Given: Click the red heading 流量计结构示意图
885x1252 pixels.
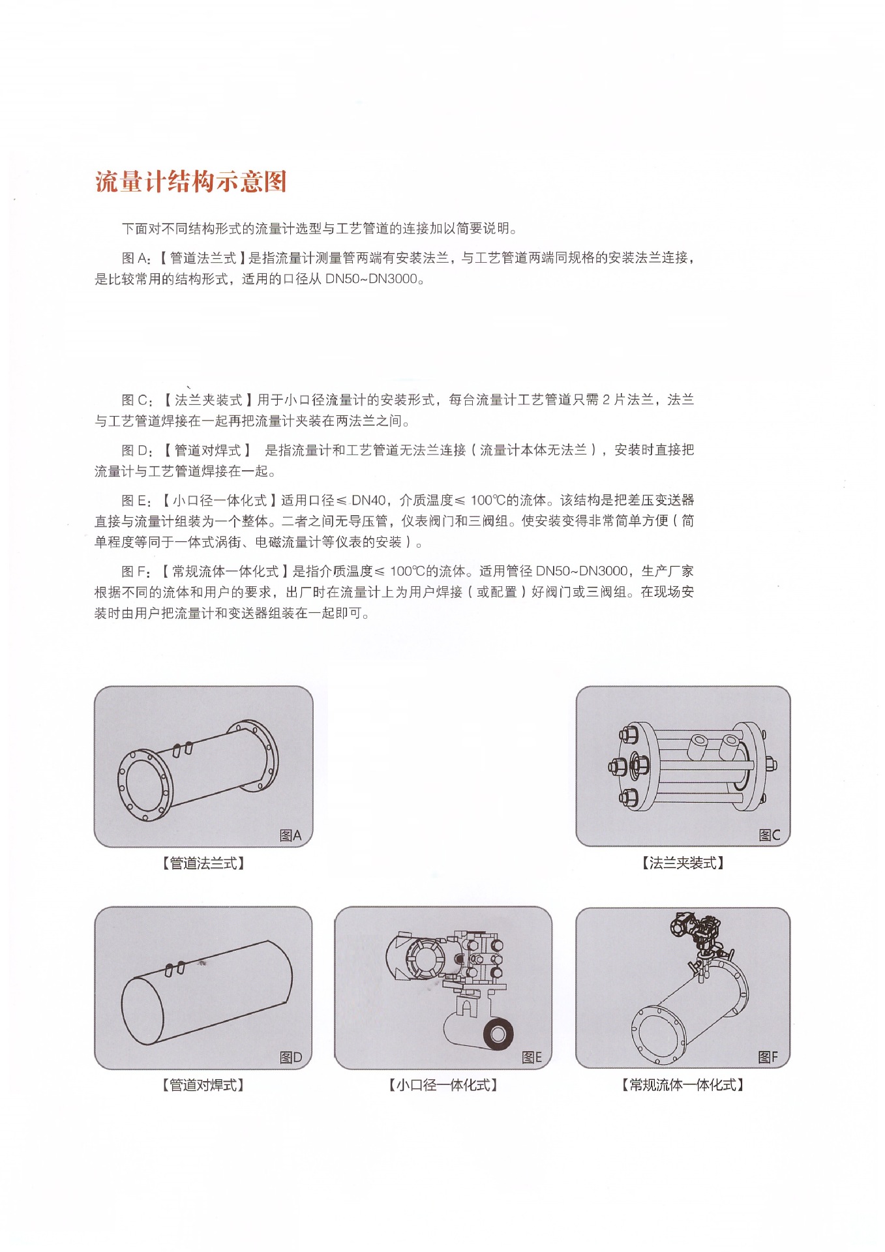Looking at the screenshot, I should coord(191,181).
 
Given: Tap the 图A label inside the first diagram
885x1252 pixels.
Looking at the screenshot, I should coord(290,835).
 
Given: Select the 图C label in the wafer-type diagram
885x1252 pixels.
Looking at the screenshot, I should coord(770,835).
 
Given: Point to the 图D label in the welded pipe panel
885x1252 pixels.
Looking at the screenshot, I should coord(291,1057).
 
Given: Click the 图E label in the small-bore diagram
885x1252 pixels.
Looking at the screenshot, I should coord(532,1057).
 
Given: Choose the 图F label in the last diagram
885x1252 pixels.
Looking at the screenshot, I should coord(768,1056).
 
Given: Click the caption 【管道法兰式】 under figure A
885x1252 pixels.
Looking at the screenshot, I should coord(203,863).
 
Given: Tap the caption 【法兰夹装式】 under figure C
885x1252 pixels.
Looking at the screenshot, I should coord(683,863).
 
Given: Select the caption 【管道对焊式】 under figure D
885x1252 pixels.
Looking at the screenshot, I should coord(203,1085).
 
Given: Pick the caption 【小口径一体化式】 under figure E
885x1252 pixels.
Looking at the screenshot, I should coord(443,1085).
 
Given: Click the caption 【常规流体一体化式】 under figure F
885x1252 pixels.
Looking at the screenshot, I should coord(683,1084).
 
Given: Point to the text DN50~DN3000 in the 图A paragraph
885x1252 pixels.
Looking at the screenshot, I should coord(371,279).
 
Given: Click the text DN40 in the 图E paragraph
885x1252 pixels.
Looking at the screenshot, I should coord(369,500).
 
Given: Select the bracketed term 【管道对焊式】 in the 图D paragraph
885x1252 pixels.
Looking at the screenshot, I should coord(207,450).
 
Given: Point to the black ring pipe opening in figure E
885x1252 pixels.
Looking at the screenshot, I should coord(498,1034).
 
